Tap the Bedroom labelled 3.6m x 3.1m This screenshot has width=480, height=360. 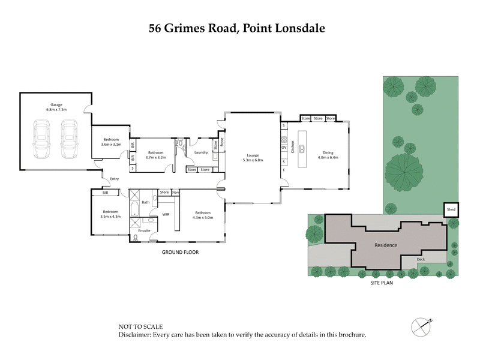pyautogui.click(x=111, y=142)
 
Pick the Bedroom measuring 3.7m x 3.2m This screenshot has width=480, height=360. pyautogui.click(x=156, y=155)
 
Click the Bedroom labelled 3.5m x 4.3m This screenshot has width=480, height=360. pyautogui.click(x=110, y=214)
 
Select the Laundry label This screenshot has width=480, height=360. pyautogui.click(x=200, y=152)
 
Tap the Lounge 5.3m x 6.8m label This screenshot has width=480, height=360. pyautogui.click(x=252, y=157)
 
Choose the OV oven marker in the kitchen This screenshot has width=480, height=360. pyautogui.click(x=284, y=148)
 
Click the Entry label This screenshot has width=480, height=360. pyautogui.click(x=114, y=179)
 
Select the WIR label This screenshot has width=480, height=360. pyautogui.click(x=166, y=214)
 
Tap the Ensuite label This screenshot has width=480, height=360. pyautogui.click(x=145, y=230)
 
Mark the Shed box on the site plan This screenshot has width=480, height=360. pyautogui.click(x=451, y=209)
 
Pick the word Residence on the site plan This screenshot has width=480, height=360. pyautogui.click(x=386, y=245)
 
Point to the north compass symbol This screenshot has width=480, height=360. pyautogui.click(x=422, y=326)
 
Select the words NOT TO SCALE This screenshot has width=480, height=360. pyautogui.click(x=140, y=327)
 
